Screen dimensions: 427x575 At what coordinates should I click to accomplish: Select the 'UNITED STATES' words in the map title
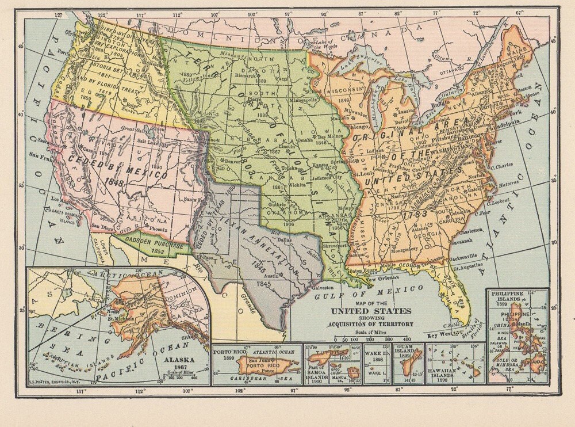tap(371, 311)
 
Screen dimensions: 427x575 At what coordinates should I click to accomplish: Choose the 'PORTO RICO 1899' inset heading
tap(225, 353)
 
